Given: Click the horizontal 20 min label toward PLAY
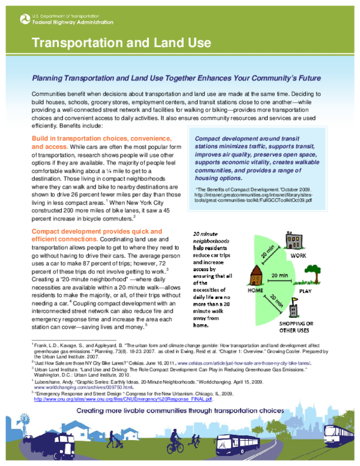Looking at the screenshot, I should [278, 276].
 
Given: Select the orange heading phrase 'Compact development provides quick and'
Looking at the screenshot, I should [88, 231].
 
